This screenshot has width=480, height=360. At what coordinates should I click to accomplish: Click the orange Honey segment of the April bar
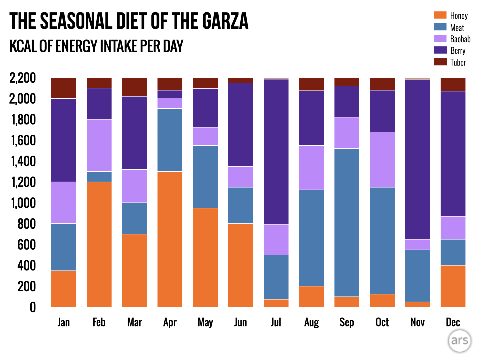(x=170, y=239)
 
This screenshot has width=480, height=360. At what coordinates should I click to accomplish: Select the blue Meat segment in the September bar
(x=347, y=222)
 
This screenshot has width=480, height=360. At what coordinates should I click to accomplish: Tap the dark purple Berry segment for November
(x=417, y=159)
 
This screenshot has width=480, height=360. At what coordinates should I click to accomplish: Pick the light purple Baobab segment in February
(x=99, y=145)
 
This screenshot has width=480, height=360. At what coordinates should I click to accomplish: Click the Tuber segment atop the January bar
(x=64, y=88)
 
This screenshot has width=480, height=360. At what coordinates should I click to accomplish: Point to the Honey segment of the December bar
(x=453, y=286)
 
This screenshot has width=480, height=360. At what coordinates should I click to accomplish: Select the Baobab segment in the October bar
(x=382, y=159)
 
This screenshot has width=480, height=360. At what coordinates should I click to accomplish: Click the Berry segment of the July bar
(x=276, y=152)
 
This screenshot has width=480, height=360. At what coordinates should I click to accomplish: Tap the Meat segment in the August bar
(x=311, y=238)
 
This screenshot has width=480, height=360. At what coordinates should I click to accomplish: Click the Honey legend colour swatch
(x=440, y=15)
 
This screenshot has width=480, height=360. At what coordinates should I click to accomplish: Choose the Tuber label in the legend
(x=458, y=62)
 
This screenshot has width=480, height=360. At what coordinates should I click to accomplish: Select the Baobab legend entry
(x=460, y=39)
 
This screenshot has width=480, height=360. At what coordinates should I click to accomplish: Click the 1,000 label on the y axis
(x=23, y=203)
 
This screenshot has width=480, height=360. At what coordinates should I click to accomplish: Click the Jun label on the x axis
(x=240, y=322)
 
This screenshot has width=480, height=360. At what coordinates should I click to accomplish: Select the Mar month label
(x=134, y=322)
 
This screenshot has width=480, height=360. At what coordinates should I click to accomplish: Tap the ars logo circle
(x=460, y=341)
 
